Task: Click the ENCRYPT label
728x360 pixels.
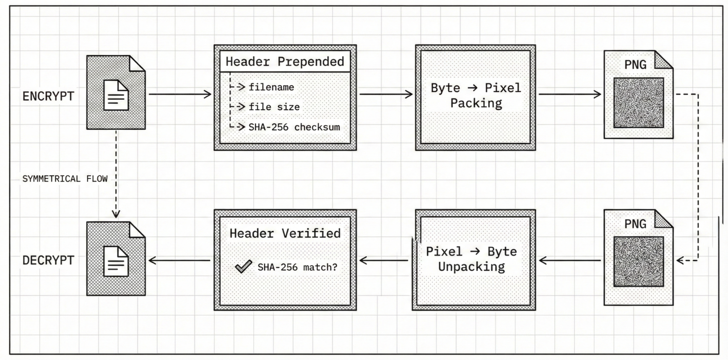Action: pyautogui.click(x=48, y=96)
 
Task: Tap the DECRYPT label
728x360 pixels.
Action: pyautogui.click(x=48, y=260)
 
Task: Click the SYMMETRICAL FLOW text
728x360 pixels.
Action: pyautogui.click(x=65, y=179)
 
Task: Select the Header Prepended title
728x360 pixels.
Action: pyautogui.click(x=285, y=61)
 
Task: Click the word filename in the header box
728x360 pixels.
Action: pyautogui.click(x=271, y=87)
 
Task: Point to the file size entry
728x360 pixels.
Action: pyautogui.click(x=274, y=107)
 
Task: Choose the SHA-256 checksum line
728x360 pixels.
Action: pyautogui.click(x=294, y=127)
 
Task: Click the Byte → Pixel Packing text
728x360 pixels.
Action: pyautogui.click(x=475, y=96)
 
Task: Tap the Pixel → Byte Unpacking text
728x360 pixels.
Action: pyautogui.click(x=472, y=259)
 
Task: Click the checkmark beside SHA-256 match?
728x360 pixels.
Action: pyautogui.click(x=243, y=266)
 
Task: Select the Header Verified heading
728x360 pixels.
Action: pyautogui.click(x=285, y=233)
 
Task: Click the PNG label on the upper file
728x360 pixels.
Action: pyautogui.click(x=635, y=65)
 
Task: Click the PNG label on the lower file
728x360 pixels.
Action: pyautogui.click(x=635, y=224)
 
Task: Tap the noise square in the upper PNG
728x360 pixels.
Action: pyautogui.click(x=638, y=102)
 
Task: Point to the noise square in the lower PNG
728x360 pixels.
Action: pyautogui.click(x=638, y=261)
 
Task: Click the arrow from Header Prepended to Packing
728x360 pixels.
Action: pyautogui.click(x=386, y=94)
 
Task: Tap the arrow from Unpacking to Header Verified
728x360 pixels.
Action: pyautogui.click(x=384, y=260)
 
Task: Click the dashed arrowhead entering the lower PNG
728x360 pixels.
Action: pyautogui.click(x=681, y=261)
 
